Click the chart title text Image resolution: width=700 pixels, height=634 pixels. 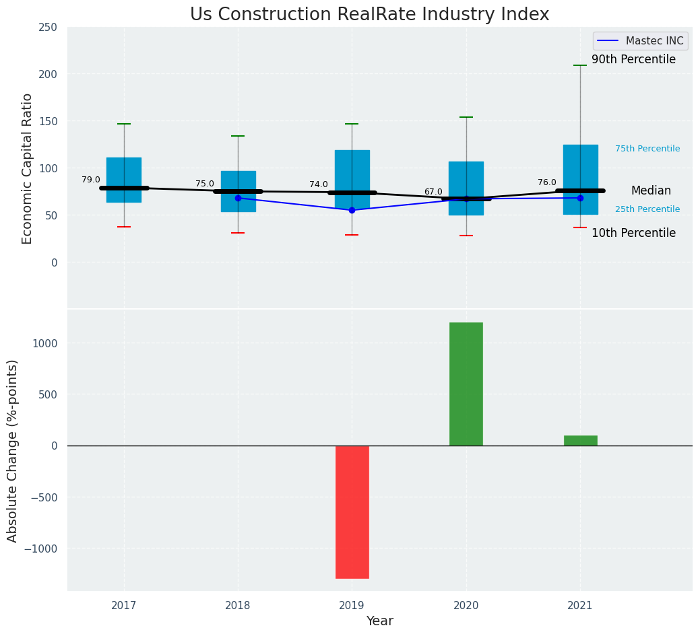[369, 15]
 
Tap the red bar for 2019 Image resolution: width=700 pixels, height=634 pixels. [352, 512]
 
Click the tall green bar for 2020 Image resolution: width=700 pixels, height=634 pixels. [466, 384]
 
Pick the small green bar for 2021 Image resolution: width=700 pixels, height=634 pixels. [580, 440]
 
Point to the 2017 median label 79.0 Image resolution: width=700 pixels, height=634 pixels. [91, 180]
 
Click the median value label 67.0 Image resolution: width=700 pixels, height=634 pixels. [433, 192]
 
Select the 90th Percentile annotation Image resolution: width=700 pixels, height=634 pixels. [633, 60]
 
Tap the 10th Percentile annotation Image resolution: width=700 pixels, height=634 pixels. [633, 233]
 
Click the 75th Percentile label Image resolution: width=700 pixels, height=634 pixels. [647, 149]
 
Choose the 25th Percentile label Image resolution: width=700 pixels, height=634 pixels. [647, 209]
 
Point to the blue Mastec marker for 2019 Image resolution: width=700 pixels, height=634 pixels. [352, 210]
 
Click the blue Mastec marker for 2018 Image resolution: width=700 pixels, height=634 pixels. [238, 198]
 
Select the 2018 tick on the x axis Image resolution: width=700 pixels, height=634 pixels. [238, 606]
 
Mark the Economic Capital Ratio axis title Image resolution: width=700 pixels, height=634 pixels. [28, 168]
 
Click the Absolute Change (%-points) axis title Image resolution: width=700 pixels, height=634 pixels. [13, 450]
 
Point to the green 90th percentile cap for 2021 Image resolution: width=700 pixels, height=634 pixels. [580, 65]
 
